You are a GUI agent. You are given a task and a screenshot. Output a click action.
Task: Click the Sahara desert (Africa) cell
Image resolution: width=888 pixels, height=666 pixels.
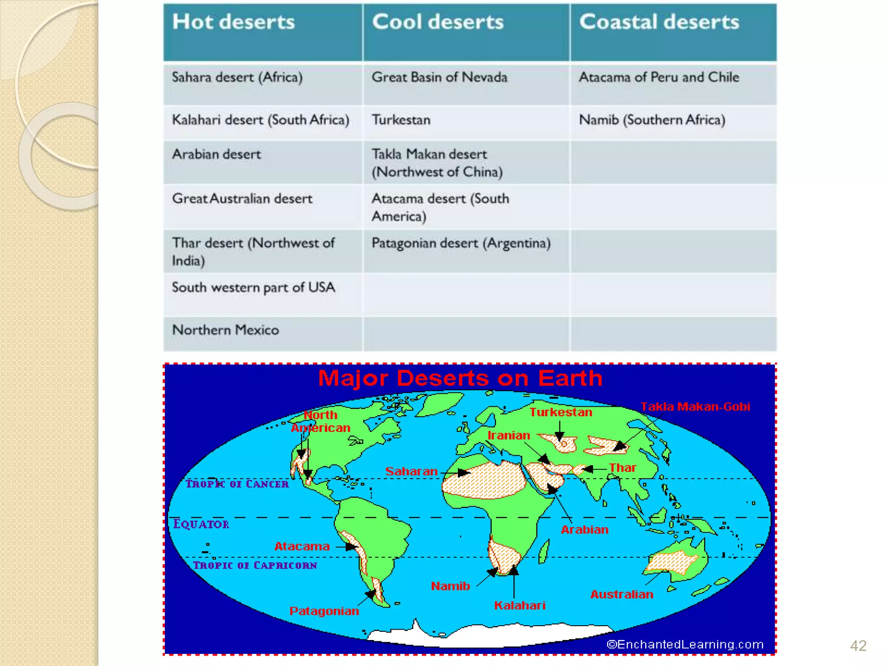tap(237, 78)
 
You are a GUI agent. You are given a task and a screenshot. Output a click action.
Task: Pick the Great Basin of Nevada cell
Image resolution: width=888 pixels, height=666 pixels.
tap(439, 78)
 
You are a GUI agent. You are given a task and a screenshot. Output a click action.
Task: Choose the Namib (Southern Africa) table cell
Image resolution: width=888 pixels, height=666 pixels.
tap(652, 120)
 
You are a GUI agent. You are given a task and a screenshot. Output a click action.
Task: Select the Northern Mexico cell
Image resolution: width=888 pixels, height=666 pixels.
tap(225, 330)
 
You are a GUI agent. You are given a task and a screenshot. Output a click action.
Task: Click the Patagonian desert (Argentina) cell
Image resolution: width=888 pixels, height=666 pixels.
tap(461, 244)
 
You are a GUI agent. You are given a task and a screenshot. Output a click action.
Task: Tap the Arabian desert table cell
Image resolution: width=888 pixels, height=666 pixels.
tap(216, 155)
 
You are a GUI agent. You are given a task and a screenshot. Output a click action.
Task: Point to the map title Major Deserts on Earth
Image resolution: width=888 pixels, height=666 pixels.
tap(460, 378)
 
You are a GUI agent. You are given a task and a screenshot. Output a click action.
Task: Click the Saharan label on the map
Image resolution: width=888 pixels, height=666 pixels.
tap(411, 471)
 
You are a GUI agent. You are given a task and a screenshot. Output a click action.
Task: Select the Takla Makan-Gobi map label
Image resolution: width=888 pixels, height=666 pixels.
tap(695, 407)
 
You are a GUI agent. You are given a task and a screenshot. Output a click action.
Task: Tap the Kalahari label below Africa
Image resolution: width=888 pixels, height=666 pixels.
tap(519, 606)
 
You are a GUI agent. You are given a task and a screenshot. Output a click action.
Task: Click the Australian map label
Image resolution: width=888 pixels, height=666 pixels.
tap(621, 594)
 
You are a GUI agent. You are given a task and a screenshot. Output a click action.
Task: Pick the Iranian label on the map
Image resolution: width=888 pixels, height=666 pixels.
tap(509, 435)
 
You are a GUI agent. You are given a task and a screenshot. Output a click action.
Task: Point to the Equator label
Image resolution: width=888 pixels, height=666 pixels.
tap(201, 524)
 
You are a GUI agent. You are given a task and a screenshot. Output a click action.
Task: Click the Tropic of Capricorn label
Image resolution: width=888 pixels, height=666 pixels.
tap(255, 565)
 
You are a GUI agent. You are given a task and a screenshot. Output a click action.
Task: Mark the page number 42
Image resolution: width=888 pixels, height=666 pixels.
tap(858, 646)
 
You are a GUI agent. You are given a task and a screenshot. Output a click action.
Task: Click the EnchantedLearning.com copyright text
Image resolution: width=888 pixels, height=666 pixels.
tap(685, 645)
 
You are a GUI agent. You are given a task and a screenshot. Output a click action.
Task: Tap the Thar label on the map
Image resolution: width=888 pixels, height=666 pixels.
tap(622, 468)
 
